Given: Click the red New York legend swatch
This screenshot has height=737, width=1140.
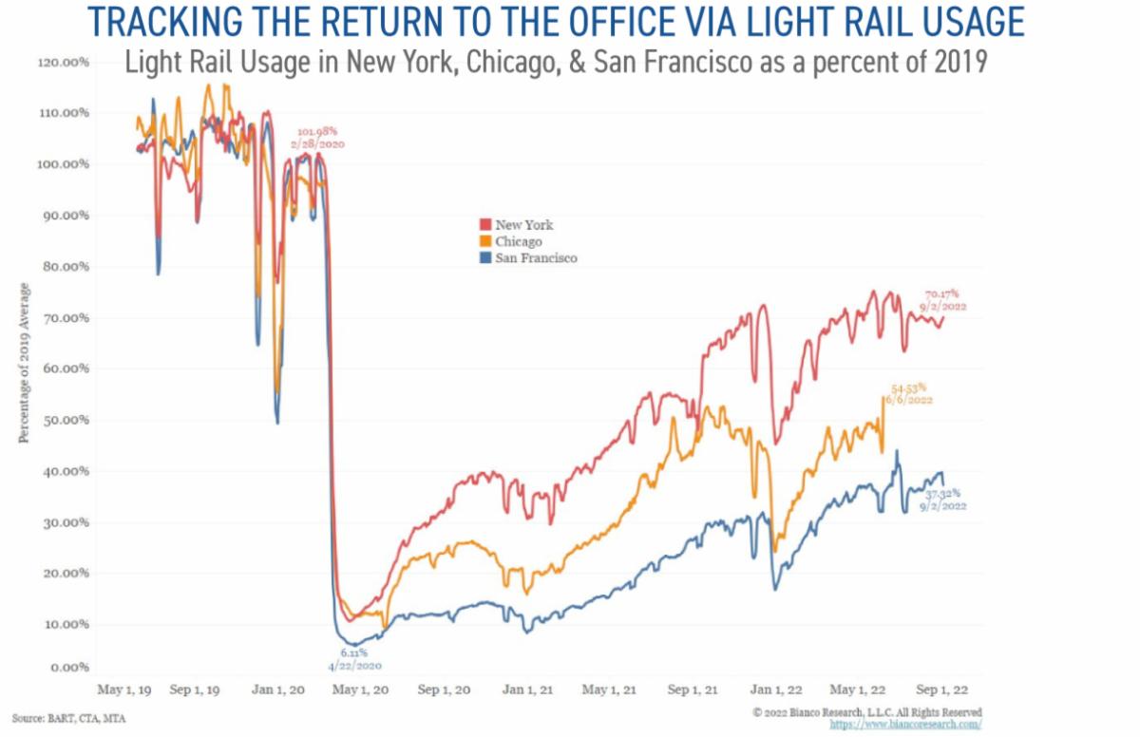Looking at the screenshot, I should [486, 225].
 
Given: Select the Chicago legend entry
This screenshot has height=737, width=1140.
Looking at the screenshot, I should [517, 241].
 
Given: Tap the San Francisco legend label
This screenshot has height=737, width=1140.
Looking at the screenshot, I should [536, 257].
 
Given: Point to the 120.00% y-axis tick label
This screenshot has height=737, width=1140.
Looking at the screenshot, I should [64, 62].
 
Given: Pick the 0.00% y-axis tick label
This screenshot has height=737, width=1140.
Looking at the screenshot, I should [69, 669].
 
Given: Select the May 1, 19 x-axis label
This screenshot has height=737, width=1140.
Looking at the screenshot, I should [124, 690].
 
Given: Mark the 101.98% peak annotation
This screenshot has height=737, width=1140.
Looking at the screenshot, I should [318, 132].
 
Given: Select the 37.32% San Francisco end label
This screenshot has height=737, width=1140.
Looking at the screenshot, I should [943, 493].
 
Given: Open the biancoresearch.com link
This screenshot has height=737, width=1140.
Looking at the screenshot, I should [905, 724].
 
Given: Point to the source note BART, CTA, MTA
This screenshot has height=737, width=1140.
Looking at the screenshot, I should [68, 718].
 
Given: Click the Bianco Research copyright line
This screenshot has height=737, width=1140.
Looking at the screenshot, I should [866, 711].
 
